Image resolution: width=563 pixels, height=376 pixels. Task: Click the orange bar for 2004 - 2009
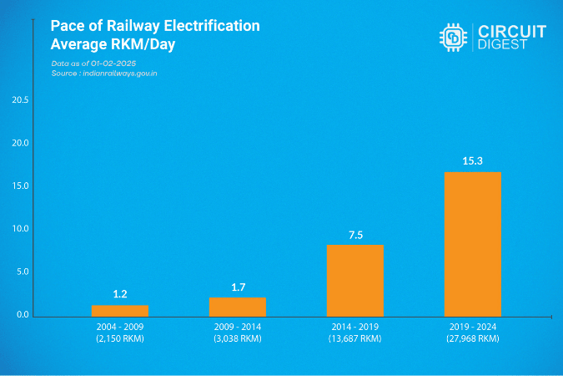[x=119, y=310]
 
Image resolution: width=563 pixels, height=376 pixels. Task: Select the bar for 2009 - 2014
[x=238, y=307]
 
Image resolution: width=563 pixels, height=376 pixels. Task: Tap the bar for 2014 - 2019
[x=355, y=280]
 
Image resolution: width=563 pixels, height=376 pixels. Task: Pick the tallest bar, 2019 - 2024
[x=473, y=243]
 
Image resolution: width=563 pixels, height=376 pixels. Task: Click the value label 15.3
[x=473, y=160]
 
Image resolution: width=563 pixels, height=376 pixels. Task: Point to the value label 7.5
[x=355, y=235]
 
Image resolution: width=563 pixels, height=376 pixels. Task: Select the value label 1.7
[x=238, y=287]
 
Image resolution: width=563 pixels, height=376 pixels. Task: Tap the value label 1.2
[x=119, y=294]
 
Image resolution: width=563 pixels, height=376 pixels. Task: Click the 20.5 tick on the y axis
[x=20, y=100]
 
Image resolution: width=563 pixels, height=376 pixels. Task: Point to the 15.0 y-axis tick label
[x=20, y=185]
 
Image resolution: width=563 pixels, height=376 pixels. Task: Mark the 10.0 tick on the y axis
[x=20, y=229]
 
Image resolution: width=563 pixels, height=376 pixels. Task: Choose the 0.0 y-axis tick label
[x=20, y=315]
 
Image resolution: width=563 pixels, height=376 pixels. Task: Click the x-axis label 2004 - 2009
[x=119, y=328]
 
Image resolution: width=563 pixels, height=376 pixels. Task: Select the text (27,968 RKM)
[x=473, y=339]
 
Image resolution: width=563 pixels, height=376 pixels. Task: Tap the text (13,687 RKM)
[x=355, y=339]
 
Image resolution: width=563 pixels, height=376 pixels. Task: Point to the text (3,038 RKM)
[x=238, y=339]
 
